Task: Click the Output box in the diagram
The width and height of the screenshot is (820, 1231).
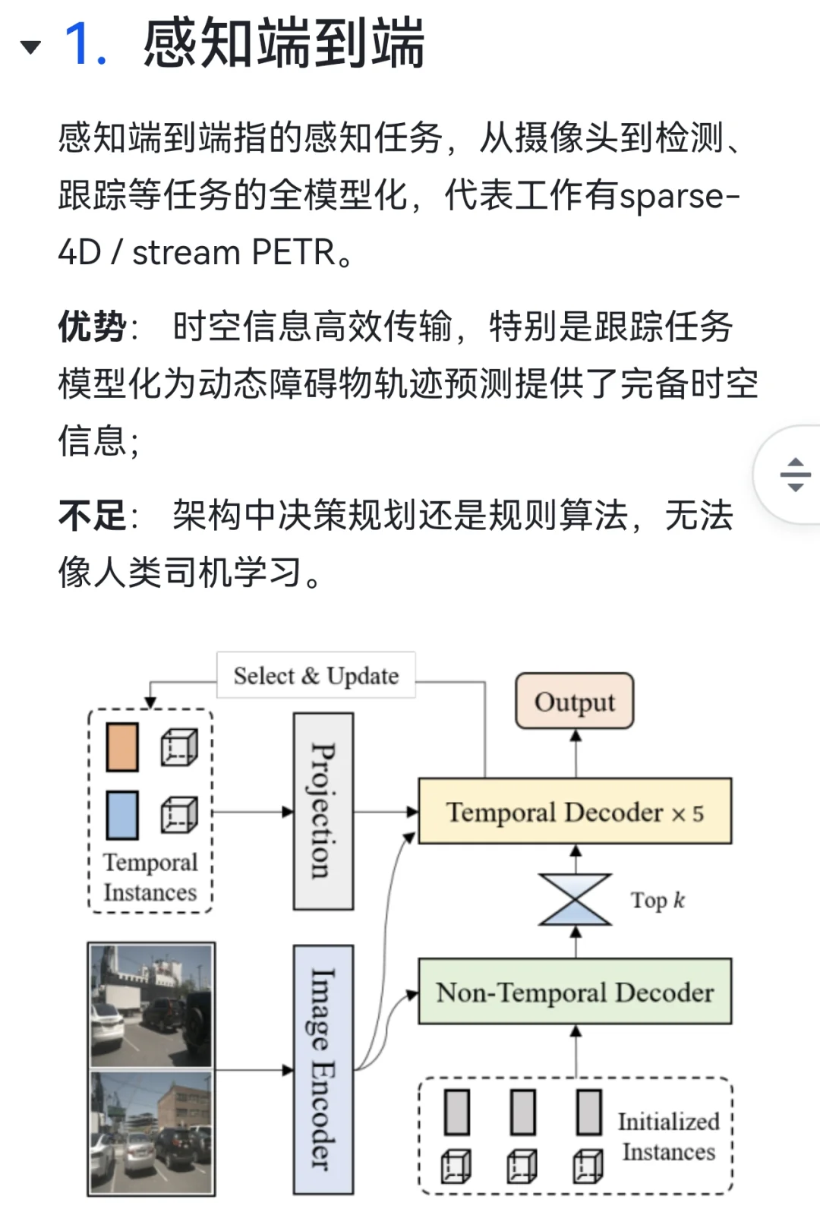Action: pos(575,701)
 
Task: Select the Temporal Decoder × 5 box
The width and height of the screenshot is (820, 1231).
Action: pos(575,812)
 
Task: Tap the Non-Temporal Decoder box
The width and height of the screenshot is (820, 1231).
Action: pos(575,992)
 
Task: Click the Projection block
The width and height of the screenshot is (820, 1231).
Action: pos(323,811)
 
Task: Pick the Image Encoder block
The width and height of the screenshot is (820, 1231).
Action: pos(323,1069)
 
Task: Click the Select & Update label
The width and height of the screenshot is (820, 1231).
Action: pos(316,675)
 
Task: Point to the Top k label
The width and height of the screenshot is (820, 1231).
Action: pos(658,901)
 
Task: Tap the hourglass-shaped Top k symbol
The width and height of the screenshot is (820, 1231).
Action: pos(575,900)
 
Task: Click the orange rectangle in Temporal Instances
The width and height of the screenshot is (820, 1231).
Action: pos(122,747)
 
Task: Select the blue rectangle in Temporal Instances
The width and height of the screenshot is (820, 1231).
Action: pos(122,815)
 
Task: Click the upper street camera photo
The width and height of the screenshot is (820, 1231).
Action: pos(151,1005)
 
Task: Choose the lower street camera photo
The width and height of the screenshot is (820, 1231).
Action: pos(151,1132)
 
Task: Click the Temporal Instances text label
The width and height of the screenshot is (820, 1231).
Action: pos(150,877)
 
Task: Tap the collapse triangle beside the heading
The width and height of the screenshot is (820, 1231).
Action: pos(30,47)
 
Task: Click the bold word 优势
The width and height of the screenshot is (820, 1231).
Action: pos(92,327)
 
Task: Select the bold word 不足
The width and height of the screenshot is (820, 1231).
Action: pos(92,516)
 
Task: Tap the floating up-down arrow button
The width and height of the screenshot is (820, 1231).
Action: pos(794,475)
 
